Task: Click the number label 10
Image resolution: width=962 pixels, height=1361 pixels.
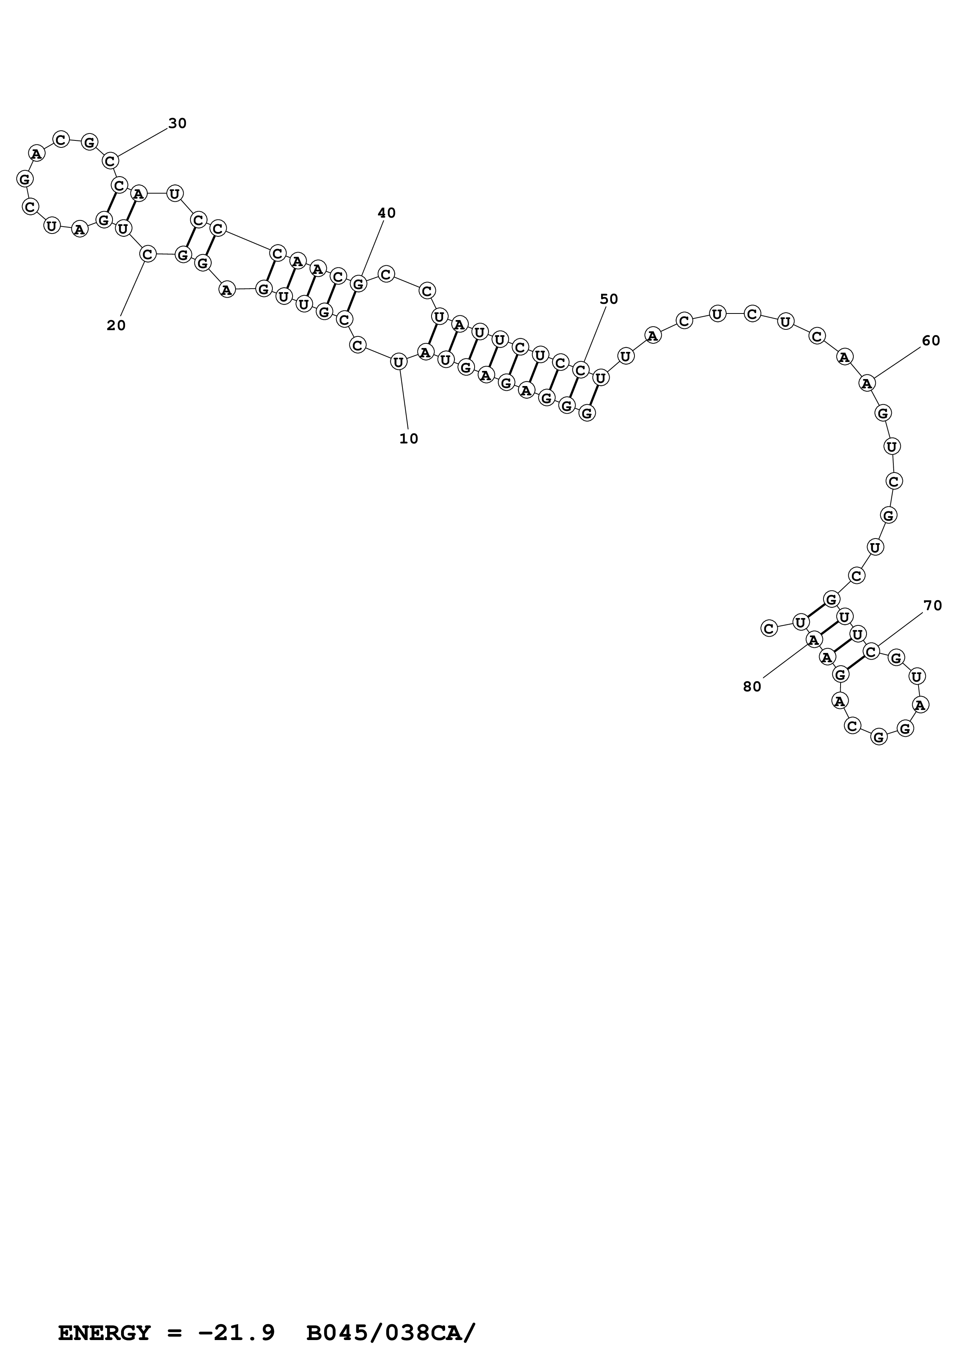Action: [408, 439]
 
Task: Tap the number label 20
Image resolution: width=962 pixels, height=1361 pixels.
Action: [116, 326]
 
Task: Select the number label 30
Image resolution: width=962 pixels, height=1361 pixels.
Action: [177, 123]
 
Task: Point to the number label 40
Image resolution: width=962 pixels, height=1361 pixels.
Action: [387, 213]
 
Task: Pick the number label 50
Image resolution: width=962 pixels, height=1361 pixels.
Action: [609, 300]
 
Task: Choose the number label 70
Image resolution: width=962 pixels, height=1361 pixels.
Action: [933, 605]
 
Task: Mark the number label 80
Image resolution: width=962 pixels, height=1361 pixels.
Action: [752, 686]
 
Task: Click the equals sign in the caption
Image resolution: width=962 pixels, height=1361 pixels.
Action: [174, 1316]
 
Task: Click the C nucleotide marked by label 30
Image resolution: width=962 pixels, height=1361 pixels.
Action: [110, 161]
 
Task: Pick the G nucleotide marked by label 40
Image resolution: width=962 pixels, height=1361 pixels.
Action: [358, 284]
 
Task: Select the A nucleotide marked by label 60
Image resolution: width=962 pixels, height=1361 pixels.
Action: [867, 384]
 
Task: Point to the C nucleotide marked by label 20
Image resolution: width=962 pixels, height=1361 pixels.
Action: [147, 254]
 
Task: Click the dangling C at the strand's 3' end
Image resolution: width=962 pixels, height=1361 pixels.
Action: [769, 628]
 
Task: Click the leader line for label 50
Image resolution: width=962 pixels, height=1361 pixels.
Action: [595, 334]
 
